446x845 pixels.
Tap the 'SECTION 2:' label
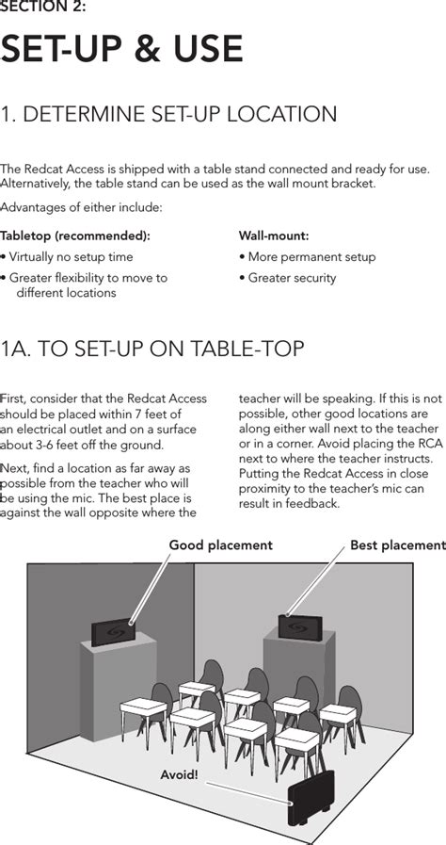pyautogui.click(x=42, y=8)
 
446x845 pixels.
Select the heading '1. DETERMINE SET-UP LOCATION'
pyautogui.click(x=168, y=114)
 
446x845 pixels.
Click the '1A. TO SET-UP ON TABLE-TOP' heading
pyautogui.click(x=152, y=349)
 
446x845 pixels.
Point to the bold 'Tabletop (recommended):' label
pyautogui.click(x=75, y=236)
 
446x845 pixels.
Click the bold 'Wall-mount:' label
pyautogui.click(x=274, y=236)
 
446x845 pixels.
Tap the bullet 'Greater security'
pyautogui.click(x=287, y=278)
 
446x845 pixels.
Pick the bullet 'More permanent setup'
pyautogui.click(x=307, y=257)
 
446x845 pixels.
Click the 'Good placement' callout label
pyautogui.click(x=220, y=544)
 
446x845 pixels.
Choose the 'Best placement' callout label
pyautogui.click(x=398, y=544)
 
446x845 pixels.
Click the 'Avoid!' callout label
pyautogui.click(x=179, y=775)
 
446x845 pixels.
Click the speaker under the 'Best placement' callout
pyautogui.click(x=300, y=627)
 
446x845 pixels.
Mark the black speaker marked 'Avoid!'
pyautogui.click(x=311, y=798)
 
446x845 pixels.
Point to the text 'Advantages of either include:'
pyautogui.click(x=81, y=207)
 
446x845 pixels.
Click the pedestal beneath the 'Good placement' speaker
pyautogui.click(x=119, y=686)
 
